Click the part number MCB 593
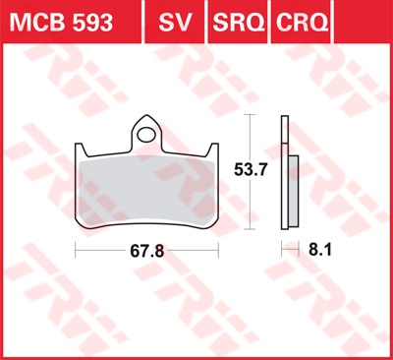click(x=61, y=23)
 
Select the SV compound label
click(x=175, y=23)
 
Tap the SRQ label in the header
click(x=239, y=23)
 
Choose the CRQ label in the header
click(x=302, y=23)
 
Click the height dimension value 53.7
click(x=251, y=170)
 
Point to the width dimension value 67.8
click(x=146, y=252)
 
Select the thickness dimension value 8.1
click(x=320, y=250)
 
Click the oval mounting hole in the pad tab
click(x=146, y=135)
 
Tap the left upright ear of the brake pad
click(x=81, y=150)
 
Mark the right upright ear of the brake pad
click(x=213, y=150)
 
